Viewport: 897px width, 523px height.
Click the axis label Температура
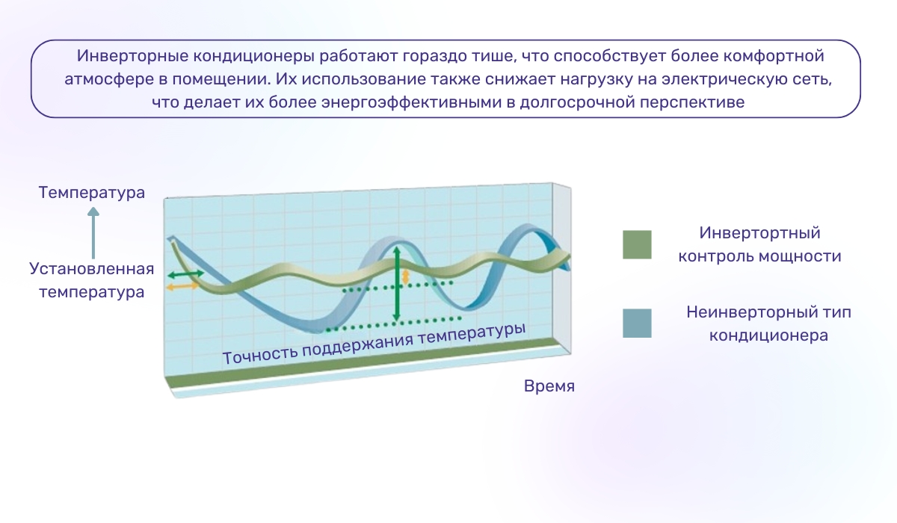92,193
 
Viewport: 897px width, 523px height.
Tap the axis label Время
549,386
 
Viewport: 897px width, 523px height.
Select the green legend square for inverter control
637,244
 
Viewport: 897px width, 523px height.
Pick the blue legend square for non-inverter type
637,324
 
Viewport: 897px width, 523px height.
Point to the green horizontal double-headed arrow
185,276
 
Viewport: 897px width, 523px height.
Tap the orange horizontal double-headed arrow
182,286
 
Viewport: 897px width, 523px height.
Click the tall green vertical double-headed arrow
397,284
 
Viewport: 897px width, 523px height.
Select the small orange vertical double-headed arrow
406,276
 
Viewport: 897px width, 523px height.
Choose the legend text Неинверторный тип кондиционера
768,324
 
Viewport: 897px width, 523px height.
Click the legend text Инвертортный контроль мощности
759,244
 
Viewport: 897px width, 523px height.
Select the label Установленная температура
92,280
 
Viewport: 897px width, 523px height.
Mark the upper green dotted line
396,286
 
